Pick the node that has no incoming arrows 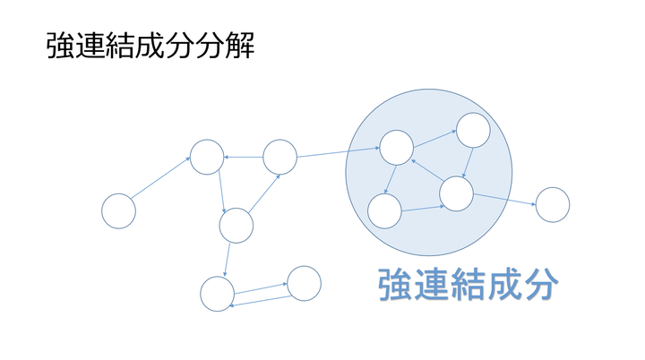coord(118,210)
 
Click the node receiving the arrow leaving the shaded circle coord(552,204)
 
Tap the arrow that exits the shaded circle coord(503,199)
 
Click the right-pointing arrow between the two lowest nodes coord(261,286)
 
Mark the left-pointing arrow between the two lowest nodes coord(261,301)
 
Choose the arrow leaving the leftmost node coord(161,179)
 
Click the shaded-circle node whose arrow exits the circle coord(455,193)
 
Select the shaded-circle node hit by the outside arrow coord(397,147)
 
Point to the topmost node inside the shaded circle coord(472,132)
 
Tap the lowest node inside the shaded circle coord(385,210)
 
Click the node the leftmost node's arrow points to coord(206,157)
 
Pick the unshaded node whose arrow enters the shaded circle coord(279,157)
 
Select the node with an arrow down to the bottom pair coord(236,225)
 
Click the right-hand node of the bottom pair coord(304,282)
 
